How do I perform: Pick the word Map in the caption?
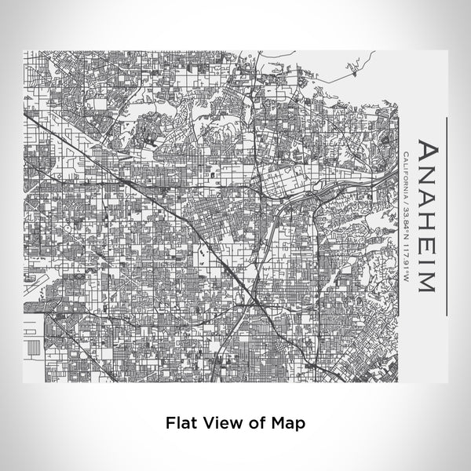click(287, 422)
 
